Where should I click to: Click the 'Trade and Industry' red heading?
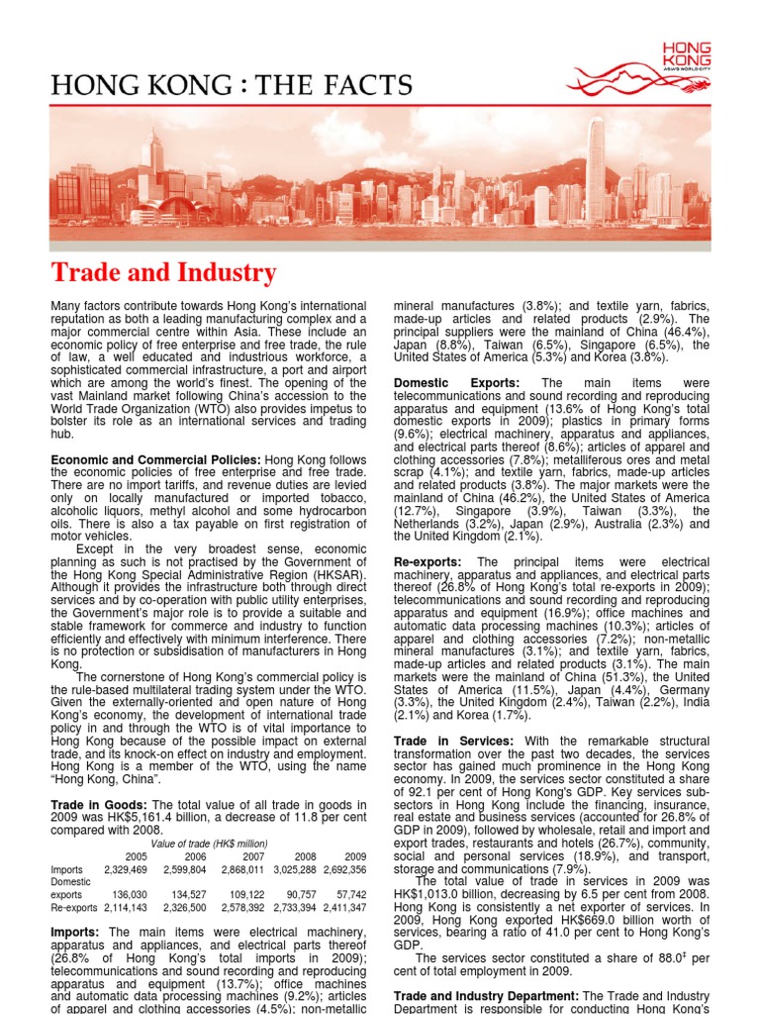coord(163,272)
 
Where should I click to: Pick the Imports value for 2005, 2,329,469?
coord(125,868)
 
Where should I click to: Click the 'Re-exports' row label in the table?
coord(73,906)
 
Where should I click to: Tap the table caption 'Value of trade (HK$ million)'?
coord(208,843)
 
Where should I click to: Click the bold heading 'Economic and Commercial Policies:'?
coord(155,459)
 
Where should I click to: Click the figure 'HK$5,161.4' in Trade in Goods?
coord(130,817)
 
